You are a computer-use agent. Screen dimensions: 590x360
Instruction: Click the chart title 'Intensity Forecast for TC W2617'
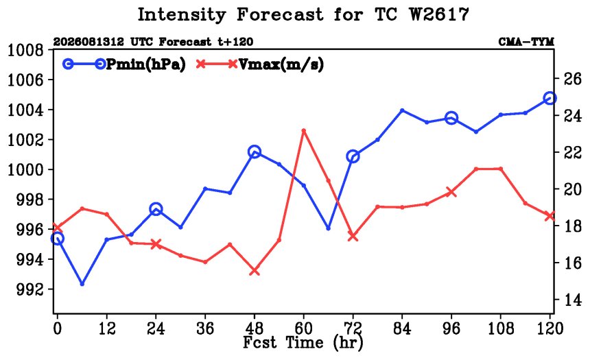coord(303,15)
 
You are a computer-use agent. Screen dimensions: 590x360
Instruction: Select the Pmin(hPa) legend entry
coord(124,64)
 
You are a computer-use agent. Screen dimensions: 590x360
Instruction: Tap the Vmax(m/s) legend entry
coord(260,64)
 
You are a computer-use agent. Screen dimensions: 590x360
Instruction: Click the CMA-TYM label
coord(526,42)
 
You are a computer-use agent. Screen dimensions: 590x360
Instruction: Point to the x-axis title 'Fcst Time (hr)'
coord(303,342)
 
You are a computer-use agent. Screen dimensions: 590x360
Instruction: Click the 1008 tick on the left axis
coord(26,50)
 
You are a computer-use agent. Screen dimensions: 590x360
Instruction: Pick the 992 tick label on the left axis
coord(29,289)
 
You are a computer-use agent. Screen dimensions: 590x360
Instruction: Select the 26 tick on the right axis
coord(572,79)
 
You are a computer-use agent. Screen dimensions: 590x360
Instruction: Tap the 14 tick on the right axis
coord(572,300)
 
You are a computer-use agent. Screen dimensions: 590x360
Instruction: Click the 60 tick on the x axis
coord(303,328)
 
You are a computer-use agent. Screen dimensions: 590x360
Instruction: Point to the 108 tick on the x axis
coord(500,328)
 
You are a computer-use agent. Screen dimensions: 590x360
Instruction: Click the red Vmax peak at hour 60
coord(304,130)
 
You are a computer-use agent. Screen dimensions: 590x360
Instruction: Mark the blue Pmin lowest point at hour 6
coord(82,284)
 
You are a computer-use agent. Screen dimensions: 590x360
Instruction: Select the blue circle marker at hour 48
coord(255,152)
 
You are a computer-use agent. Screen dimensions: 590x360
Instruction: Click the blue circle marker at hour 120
coord(550,98)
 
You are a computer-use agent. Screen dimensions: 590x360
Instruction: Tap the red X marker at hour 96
coord(451,192)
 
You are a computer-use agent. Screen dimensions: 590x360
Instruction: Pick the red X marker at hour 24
coord(156,243)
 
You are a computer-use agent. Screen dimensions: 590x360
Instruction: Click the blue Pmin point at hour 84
coord(402,110)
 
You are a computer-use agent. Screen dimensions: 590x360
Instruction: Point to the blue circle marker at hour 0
coord(57,238)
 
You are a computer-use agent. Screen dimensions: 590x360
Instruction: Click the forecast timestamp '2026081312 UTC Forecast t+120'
coord(153,42)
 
